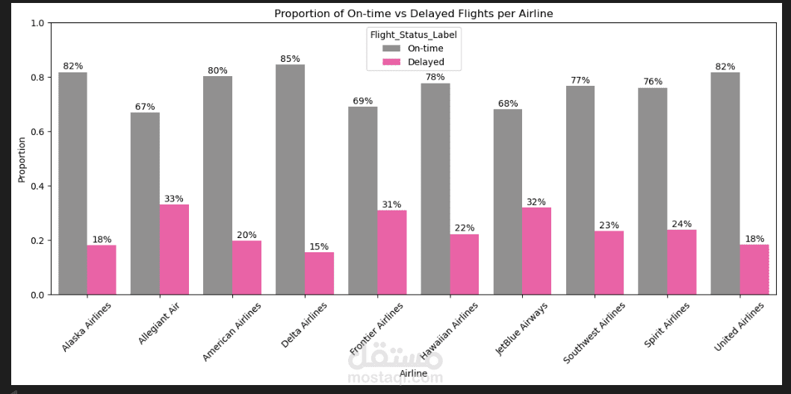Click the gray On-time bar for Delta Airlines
290,179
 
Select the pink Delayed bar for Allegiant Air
174,249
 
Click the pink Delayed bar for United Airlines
754,269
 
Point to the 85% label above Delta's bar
290,59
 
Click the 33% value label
174,198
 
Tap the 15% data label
319,246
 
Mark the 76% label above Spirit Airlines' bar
653,81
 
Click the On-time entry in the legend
424,49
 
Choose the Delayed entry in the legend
425,62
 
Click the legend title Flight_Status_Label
413,34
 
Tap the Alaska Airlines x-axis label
88,328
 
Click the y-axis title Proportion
22,159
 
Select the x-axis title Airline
413,372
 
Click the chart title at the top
413,13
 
